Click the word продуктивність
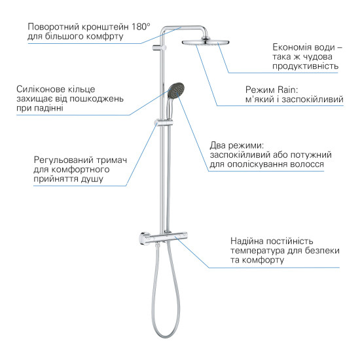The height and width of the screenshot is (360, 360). pos(306,67)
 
